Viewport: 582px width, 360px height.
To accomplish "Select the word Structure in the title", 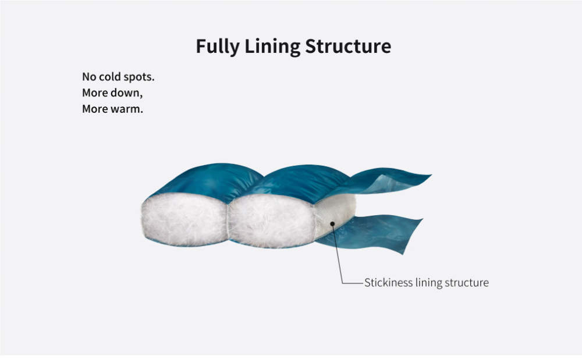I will click(x=347, y=47).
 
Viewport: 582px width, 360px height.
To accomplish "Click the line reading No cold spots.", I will click(x=118, y=77).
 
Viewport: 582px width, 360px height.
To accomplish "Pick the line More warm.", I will click(x=112, y=109).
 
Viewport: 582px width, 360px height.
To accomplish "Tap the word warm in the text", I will click(x=127, y=109).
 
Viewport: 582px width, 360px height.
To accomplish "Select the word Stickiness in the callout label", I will click(x=388, y=283).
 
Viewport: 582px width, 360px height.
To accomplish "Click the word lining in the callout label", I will click(x=428, y=283).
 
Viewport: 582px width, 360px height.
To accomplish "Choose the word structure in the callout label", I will click(x=467, y=283).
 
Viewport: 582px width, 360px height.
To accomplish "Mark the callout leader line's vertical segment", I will click(x=339, y=256).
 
